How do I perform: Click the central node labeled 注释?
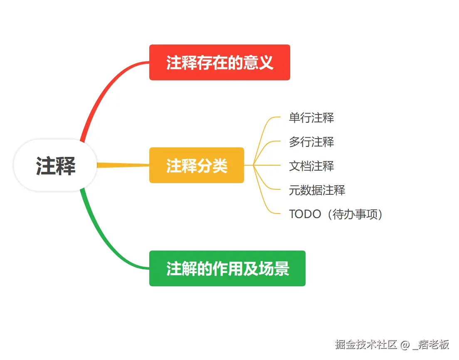coord(55,165)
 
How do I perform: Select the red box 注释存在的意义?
coord(219,62)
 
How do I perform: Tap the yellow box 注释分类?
coord(196,165)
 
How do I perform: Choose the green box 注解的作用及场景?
coord(227,268)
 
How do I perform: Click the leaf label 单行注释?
coord(311,118)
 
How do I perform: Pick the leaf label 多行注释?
coord(311,142)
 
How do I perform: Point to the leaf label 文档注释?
coord(311,166)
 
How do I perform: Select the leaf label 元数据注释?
coord(317,190)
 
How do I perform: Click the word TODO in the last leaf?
coord(305,214)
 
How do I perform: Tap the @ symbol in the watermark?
coord(405,345)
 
